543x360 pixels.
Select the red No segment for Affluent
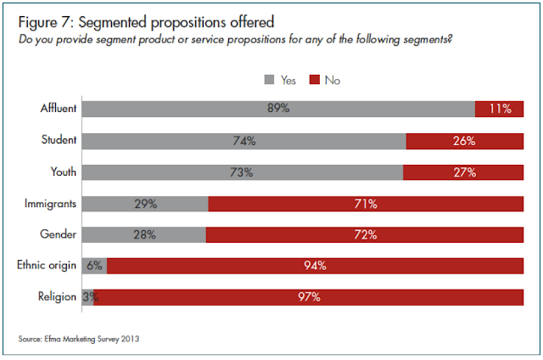click(x=500, y=109)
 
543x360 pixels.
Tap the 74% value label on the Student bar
click(x=244, y=140)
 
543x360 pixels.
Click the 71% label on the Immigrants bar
click(x=366, y=203)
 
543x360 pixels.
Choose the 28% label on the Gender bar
click(x=144, y=234)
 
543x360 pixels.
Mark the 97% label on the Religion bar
click(x=309, y=297)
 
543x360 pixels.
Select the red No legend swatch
click(x=314, y=80)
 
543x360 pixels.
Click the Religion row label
click(x=59, y=297)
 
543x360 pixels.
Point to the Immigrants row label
click(x=53, y=203)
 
